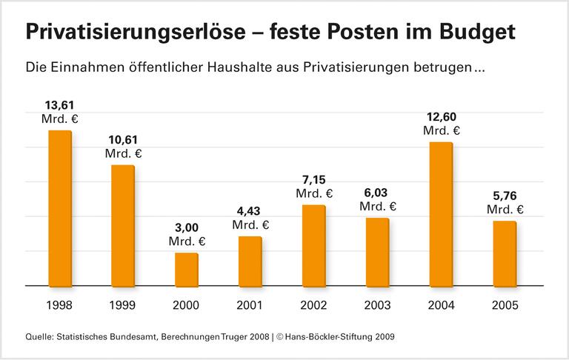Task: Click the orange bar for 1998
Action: click(60, 208)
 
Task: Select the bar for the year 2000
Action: click(187, 270)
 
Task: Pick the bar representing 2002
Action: click(314, 245)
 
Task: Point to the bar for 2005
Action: click(505, 253)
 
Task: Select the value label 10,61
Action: click(123, 139)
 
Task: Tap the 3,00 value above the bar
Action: click(187, 227)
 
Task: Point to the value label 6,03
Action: click(378, 193)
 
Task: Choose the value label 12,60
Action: click(442, 116)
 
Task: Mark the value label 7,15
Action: click(314, 179)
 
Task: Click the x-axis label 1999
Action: click(123, 305)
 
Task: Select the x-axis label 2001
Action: click(250, 305)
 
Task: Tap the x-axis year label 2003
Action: click(378, 305)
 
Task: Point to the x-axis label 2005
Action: click(505, 305)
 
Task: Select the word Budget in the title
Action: click(479, 32)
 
